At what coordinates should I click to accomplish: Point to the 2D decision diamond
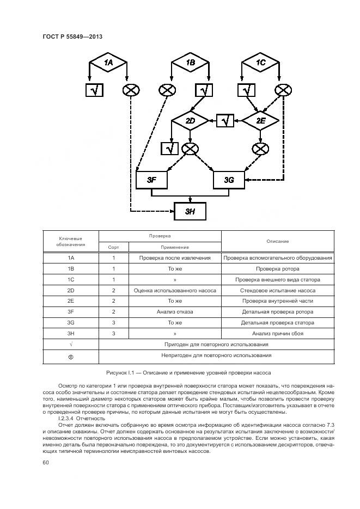pyautogui.click(x=190, y=120)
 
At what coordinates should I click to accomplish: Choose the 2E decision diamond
pyautogui.click(x=260, y=120)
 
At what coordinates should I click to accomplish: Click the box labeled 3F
pyautogui.click(x=151, y=179)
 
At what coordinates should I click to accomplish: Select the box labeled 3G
pyautogui.click(x=229, y=179)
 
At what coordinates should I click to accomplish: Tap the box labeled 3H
pyautogui.click(x=190, y=211)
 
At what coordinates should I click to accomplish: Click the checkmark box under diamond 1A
pyautogui.click(x=94, y=91)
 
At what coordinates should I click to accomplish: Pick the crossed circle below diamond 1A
pyautogui.click(x=130, y=91)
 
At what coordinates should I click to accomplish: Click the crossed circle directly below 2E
pyautogui.click(x=261, y=148)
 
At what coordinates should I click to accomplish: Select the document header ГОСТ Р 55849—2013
pyautogui.click(x=72, y=37)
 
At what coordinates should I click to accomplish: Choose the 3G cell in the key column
pyautogui.click(x=70, y=323)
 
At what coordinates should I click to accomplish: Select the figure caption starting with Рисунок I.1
pyautogui.click(x=188, y=372)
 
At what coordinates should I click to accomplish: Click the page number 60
pyautogui.click(x=46, y=462)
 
